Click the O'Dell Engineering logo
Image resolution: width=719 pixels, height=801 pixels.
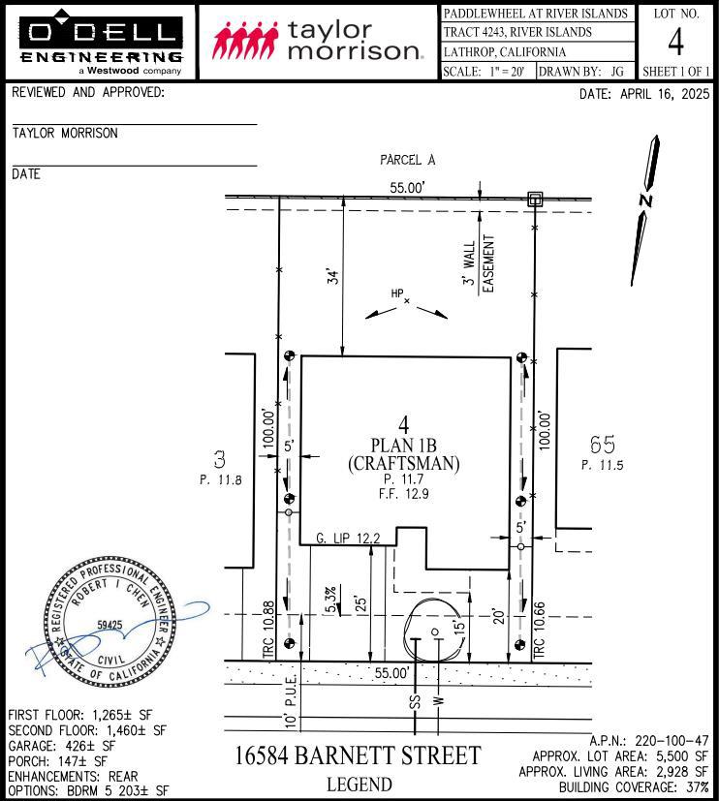tap(101, 43)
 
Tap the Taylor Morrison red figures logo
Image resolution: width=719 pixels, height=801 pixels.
tap(246, 40)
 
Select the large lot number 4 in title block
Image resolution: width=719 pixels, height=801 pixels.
tap(675, 42)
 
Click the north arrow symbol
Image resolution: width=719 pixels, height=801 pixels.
tap(645, 210)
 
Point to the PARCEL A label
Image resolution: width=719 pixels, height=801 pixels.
tap(407, 160)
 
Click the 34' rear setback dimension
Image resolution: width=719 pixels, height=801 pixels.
tap(333, 277)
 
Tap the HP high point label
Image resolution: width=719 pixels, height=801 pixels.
tap(397, 293)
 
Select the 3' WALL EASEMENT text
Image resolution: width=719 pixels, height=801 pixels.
tap(479, 263)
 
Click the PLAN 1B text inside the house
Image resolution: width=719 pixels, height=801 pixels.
tap(404, 446)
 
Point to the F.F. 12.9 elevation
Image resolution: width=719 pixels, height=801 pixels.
tap(404, 494)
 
